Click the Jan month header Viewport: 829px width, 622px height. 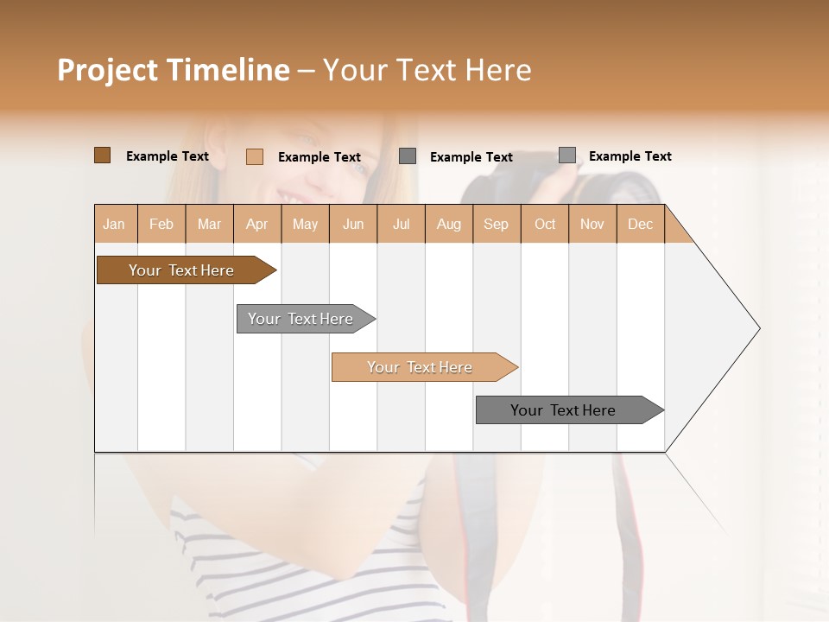click(x=115, y=224)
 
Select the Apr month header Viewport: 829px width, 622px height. click(x=257, y=224)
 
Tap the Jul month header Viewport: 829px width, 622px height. click(x=401, y=224)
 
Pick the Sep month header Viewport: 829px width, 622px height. click(x=496, y=224)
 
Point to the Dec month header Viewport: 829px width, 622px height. click(x=640, y=224)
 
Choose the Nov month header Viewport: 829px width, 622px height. click(x=592, y=224)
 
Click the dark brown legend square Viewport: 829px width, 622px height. click(x=102, y=155)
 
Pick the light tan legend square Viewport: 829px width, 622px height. click(x=254, y=156)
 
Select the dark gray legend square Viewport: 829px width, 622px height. click(x=408, y=155)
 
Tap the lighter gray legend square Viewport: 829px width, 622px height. click(x=566, y=155)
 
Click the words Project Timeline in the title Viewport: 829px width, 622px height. click(x=173, y=70)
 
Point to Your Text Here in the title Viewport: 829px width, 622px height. click(x=427, y=70)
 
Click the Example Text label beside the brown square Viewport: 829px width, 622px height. click(x=168, y=156)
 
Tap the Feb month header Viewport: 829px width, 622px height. click(x=161, y=224)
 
